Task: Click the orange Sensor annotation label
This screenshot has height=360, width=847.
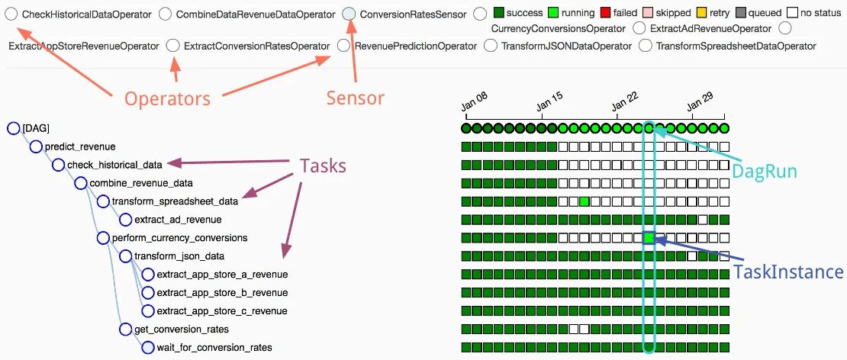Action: tap(355, 98)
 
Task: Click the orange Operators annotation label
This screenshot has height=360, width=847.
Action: tap(167, 98)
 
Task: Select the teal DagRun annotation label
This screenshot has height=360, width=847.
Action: tap(764, 172)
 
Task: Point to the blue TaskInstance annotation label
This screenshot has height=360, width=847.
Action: tap(788, 272)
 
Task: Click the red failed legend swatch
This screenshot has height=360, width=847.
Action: tap(606, 13)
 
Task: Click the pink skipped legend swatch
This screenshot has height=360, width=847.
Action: tap(648, 13)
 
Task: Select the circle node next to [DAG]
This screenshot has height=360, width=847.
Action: tap(13, 128)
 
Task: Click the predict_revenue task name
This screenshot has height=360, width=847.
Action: tap(80, 146)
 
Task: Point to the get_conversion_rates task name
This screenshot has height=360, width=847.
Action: tap(181, 329)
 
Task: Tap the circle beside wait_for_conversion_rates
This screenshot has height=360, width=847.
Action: tap(148, 348)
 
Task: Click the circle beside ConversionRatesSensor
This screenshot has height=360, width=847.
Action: tap(349, 14)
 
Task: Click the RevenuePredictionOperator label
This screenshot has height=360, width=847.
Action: tap(416, 46)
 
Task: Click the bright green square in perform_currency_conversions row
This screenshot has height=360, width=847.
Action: tap(649, 238)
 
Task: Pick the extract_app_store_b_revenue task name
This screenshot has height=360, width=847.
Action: tap(222, 293)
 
